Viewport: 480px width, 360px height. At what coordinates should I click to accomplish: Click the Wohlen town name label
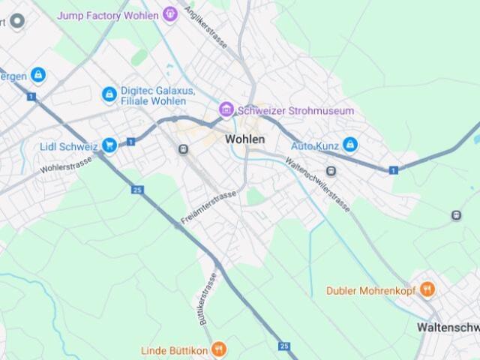245,139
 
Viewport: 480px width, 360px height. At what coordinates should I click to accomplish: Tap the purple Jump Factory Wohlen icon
170,13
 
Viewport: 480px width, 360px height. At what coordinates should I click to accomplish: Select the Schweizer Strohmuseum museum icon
226,110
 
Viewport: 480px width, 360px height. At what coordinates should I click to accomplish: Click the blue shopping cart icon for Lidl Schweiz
110,145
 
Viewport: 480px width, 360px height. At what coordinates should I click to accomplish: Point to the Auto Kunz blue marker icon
350,143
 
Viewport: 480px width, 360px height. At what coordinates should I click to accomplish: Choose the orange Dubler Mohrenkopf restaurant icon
427,289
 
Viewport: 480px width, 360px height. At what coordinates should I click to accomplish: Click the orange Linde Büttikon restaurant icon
218,349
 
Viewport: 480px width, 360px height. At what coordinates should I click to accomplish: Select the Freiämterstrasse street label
208,208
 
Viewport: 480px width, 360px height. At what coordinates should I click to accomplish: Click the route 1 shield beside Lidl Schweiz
130,141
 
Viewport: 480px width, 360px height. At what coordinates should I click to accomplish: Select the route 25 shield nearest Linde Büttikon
283,346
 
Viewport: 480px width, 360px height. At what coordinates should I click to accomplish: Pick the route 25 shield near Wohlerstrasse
136,190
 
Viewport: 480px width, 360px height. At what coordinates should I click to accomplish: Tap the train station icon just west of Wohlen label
183,149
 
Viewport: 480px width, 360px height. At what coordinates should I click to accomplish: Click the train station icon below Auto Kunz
331,171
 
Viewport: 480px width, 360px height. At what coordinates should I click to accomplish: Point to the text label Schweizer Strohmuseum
295,111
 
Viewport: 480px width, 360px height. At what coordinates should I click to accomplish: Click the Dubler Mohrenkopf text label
371,289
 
